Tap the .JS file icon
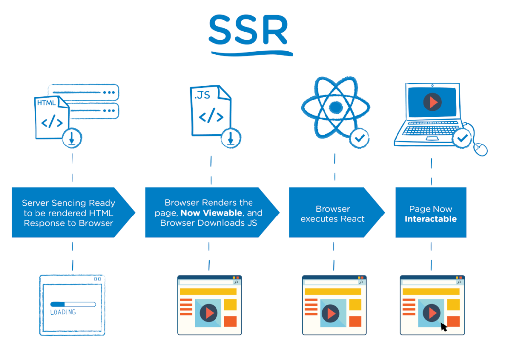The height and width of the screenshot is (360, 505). [210, 110]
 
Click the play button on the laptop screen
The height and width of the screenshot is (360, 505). [432, 102]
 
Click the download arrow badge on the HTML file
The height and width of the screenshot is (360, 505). [72, 139]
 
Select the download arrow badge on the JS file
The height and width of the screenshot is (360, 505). [231, 139]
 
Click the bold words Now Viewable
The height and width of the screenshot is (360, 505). [211, 213]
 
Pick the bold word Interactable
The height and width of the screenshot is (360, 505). [431, 219]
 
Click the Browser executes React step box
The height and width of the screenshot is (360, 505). [333, 213]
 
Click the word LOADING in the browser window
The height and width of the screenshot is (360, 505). [63, 312]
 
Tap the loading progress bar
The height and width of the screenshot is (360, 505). [73, 304]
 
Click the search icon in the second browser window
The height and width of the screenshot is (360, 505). [236, 283]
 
